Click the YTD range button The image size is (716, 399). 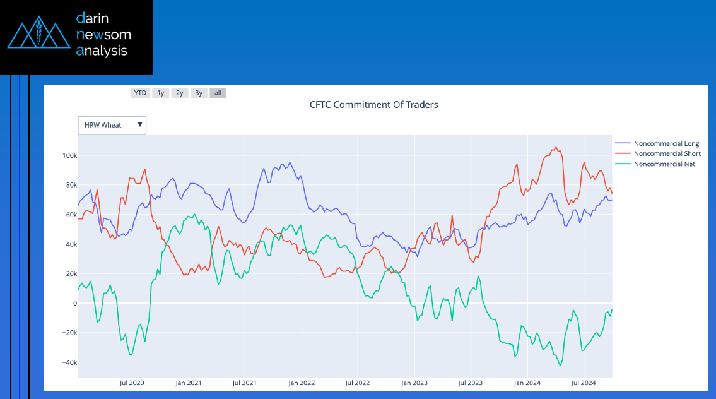[140, 93]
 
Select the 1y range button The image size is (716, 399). [161, 93]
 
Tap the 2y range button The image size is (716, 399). [180, 93]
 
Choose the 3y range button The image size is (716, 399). [199, 93]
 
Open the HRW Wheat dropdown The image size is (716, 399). [112, 125]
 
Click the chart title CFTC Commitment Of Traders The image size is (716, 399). [373, 105]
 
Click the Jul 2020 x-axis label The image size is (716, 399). [132, 383]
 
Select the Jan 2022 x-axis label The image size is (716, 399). [302, 383]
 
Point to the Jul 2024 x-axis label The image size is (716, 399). [584, 383]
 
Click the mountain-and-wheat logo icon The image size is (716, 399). [38, 34]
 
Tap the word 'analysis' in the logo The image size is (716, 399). [102, 51]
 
